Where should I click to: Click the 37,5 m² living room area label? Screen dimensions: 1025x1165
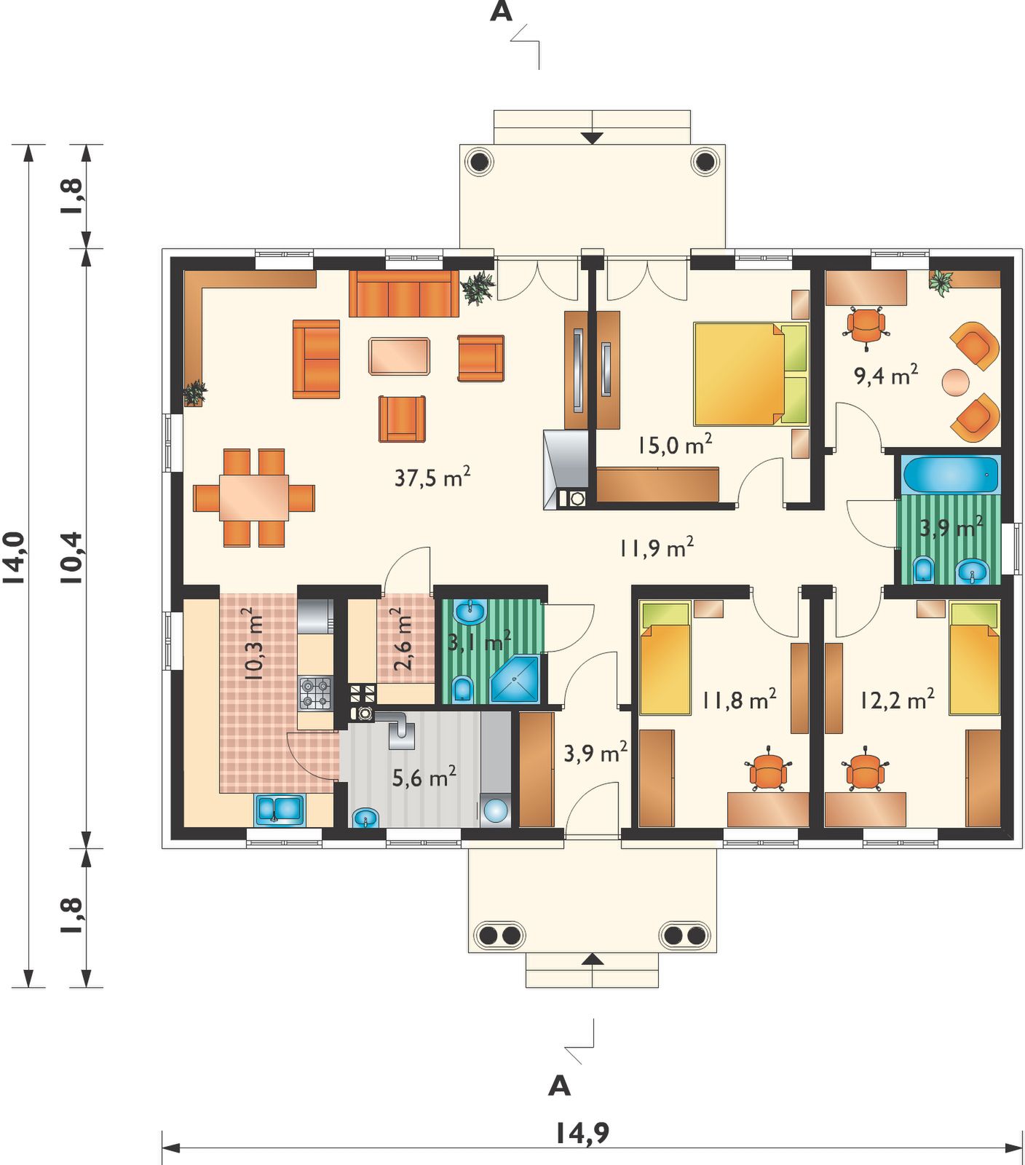coord(432,477)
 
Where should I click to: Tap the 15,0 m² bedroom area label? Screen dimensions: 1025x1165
coord(674,444)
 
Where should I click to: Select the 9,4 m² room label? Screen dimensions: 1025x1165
coord(885,375)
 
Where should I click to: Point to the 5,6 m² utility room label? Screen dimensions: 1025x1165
coord(424,777)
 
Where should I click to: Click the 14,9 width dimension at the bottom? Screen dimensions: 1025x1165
coord(582,1132)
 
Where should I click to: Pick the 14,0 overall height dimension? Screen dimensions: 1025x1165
coord(15,558)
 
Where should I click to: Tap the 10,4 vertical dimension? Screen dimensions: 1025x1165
coord(73,558)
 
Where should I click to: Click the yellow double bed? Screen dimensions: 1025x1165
coord(751,374)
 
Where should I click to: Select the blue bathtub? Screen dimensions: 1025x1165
coord(951,475)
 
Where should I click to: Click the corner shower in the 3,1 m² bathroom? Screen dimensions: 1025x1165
coord(515,679)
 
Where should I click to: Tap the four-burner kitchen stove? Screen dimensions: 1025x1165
coord(315,692)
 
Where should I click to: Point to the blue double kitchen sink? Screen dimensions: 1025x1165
coord(280,810)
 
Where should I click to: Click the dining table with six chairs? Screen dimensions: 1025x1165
coord(254,498)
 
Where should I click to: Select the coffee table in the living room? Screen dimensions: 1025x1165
coord(399,356)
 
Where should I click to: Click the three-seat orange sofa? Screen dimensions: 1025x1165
coord(404,294)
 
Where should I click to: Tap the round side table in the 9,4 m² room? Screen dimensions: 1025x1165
coord(956,382)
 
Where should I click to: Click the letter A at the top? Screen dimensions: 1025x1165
coord(501,12)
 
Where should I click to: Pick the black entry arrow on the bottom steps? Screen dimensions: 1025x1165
coord(593,959)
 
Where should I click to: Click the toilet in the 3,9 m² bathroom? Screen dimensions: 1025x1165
coord(923,569)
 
